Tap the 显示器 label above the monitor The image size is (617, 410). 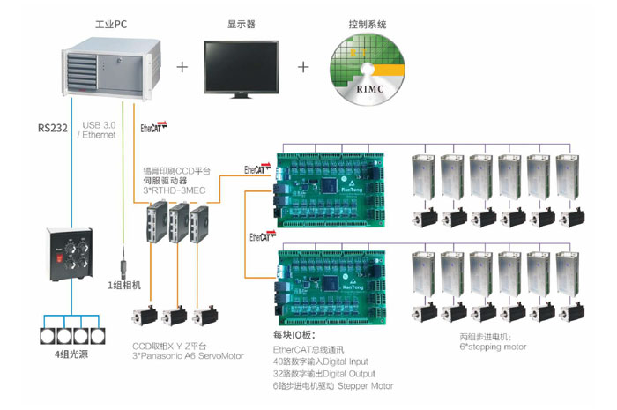pos(240,25)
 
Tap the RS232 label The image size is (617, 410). pos(51,126)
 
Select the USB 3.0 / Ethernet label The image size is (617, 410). pos(99,130)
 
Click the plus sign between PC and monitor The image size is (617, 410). pos(183,67)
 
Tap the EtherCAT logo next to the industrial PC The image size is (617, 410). pos(152,127)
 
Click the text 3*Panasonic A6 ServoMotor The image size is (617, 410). pos(182,356)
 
